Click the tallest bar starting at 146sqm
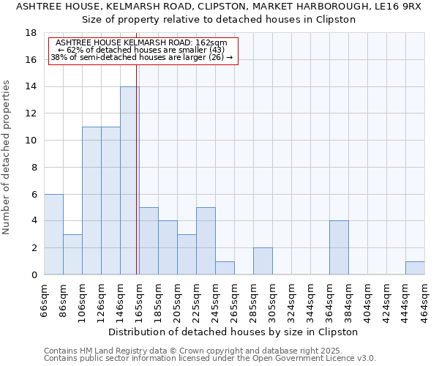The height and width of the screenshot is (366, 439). [130, 181]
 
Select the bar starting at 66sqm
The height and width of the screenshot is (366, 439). [53, 234]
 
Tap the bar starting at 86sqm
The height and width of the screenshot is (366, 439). [72, 254]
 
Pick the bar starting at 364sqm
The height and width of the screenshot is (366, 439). [339, 247]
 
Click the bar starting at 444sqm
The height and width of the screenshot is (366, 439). [415, 268]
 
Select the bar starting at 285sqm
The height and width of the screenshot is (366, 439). [263, 261]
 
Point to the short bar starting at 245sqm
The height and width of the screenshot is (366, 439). [225, 268]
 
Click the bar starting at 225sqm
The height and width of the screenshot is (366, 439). [206, 241]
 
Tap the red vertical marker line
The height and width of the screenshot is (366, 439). [137, 176]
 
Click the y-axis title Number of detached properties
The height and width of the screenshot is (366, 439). [7, 157]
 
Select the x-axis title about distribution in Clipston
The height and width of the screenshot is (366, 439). [233, 332]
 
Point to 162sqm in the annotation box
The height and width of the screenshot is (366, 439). [212, 43]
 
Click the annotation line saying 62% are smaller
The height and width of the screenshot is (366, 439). [142, 50]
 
